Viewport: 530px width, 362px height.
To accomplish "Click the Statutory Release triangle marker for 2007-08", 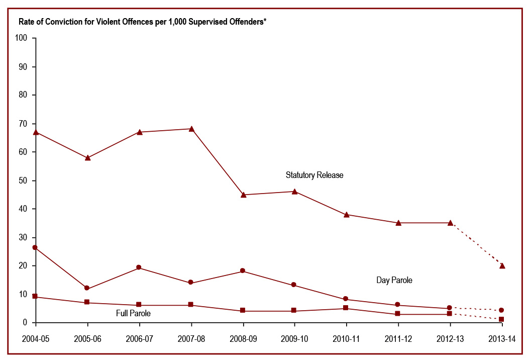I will click(x=191, y=129).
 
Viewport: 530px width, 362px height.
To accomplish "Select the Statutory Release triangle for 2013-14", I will click(x=502, y=265).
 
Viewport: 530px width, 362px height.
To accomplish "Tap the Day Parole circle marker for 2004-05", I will click(x=35, y=247).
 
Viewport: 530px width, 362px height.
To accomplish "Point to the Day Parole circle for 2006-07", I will click(x=139, y=267).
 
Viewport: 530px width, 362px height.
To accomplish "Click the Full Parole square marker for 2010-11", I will click(x=346, y=308).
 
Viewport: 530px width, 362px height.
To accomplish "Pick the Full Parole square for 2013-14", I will click(x=502, y=319).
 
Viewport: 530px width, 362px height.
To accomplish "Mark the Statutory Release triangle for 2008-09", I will click(x=244, y=195).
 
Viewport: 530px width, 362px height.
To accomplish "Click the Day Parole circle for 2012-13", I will click(x=450, y=308).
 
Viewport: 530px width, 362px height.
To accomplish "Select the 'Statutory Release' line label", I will click(x=314, y=175).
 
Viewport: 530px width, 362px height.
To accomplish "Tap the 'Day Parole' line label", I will click(x=394, y=280).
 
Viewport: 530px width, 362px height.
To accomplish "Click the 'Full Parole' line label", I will click(x=133, y=313).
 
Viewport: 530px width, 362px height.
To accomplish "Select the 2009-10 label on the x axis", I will click(x=294, y=339).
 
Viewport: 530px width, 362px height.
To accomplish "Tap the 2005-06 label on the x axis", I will click(x=87, y=339).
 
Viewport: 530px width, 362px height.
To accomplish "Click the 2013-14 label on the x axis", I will click(x=502, y=339).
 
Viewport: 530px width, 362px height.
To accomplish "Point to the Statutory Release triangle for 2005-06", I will click(x=87, y=157).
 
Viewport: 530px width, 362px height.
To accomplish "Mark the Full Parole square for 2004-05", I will click(x=35, y=296).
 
